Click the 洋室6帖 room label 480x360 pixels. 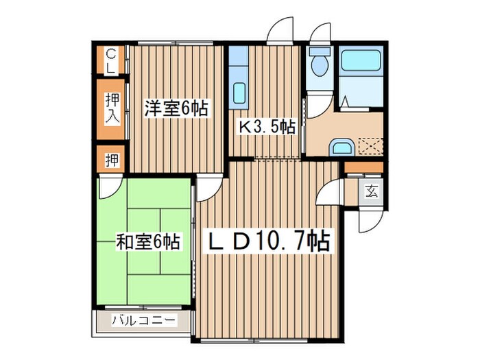tap(176, 108)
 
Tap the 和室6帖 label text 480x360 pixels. tap(148, 241)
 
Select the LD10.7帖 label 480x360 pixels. tap(269, 241)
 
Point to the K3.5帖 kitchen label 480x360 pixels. tap(267, 126)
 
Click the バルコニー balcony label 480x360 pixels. tap(144, 320)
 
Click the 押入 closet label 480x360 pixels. tap(112, 108)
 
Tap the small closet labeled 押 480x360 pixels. tap(112, 160)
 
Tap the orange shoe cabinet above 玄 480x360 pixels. tap(363, 167)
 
